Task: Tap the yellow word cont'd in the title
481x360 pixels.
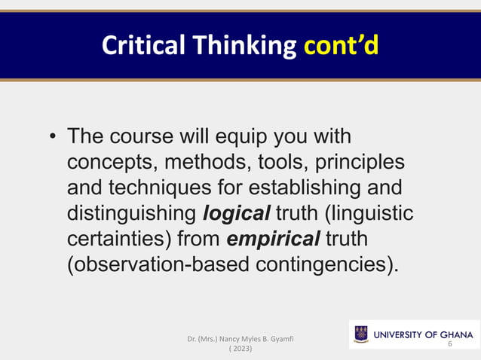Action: (341, 47)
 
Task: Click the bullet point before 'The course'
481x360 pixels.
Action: (52, 139)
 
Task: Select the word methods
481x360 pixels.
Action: (204, 163)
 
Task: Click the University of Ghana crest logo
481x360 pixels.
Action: (361, 334)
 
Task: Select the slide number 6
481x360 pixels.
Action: (450, 343)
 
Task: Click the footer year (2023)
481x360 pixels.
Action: (240, 349)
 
